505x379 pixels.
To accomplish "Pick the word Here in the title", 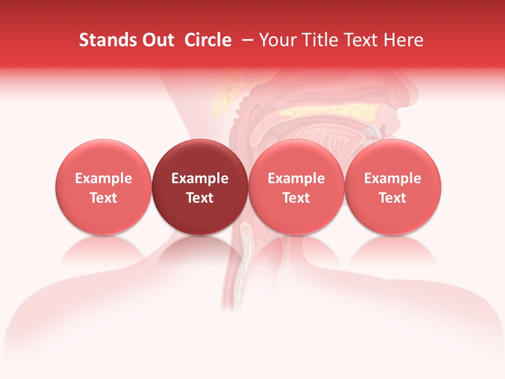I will [403, 40].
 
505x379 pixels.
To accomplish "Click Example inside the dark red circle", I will [200, 178].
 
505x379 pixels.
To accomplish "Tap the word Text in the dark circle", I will [200, 198].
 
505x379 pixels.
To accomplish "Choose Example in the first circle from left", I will [104, 178].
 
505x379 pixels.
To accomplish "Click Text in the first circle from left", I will [104, 198].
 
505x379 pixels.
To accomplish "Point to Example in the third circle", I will [296, 178].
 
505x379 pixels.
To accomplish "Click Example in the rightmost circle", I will [392, 178].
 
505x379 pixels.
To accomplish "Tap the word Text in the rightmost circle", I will [392, 198].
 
